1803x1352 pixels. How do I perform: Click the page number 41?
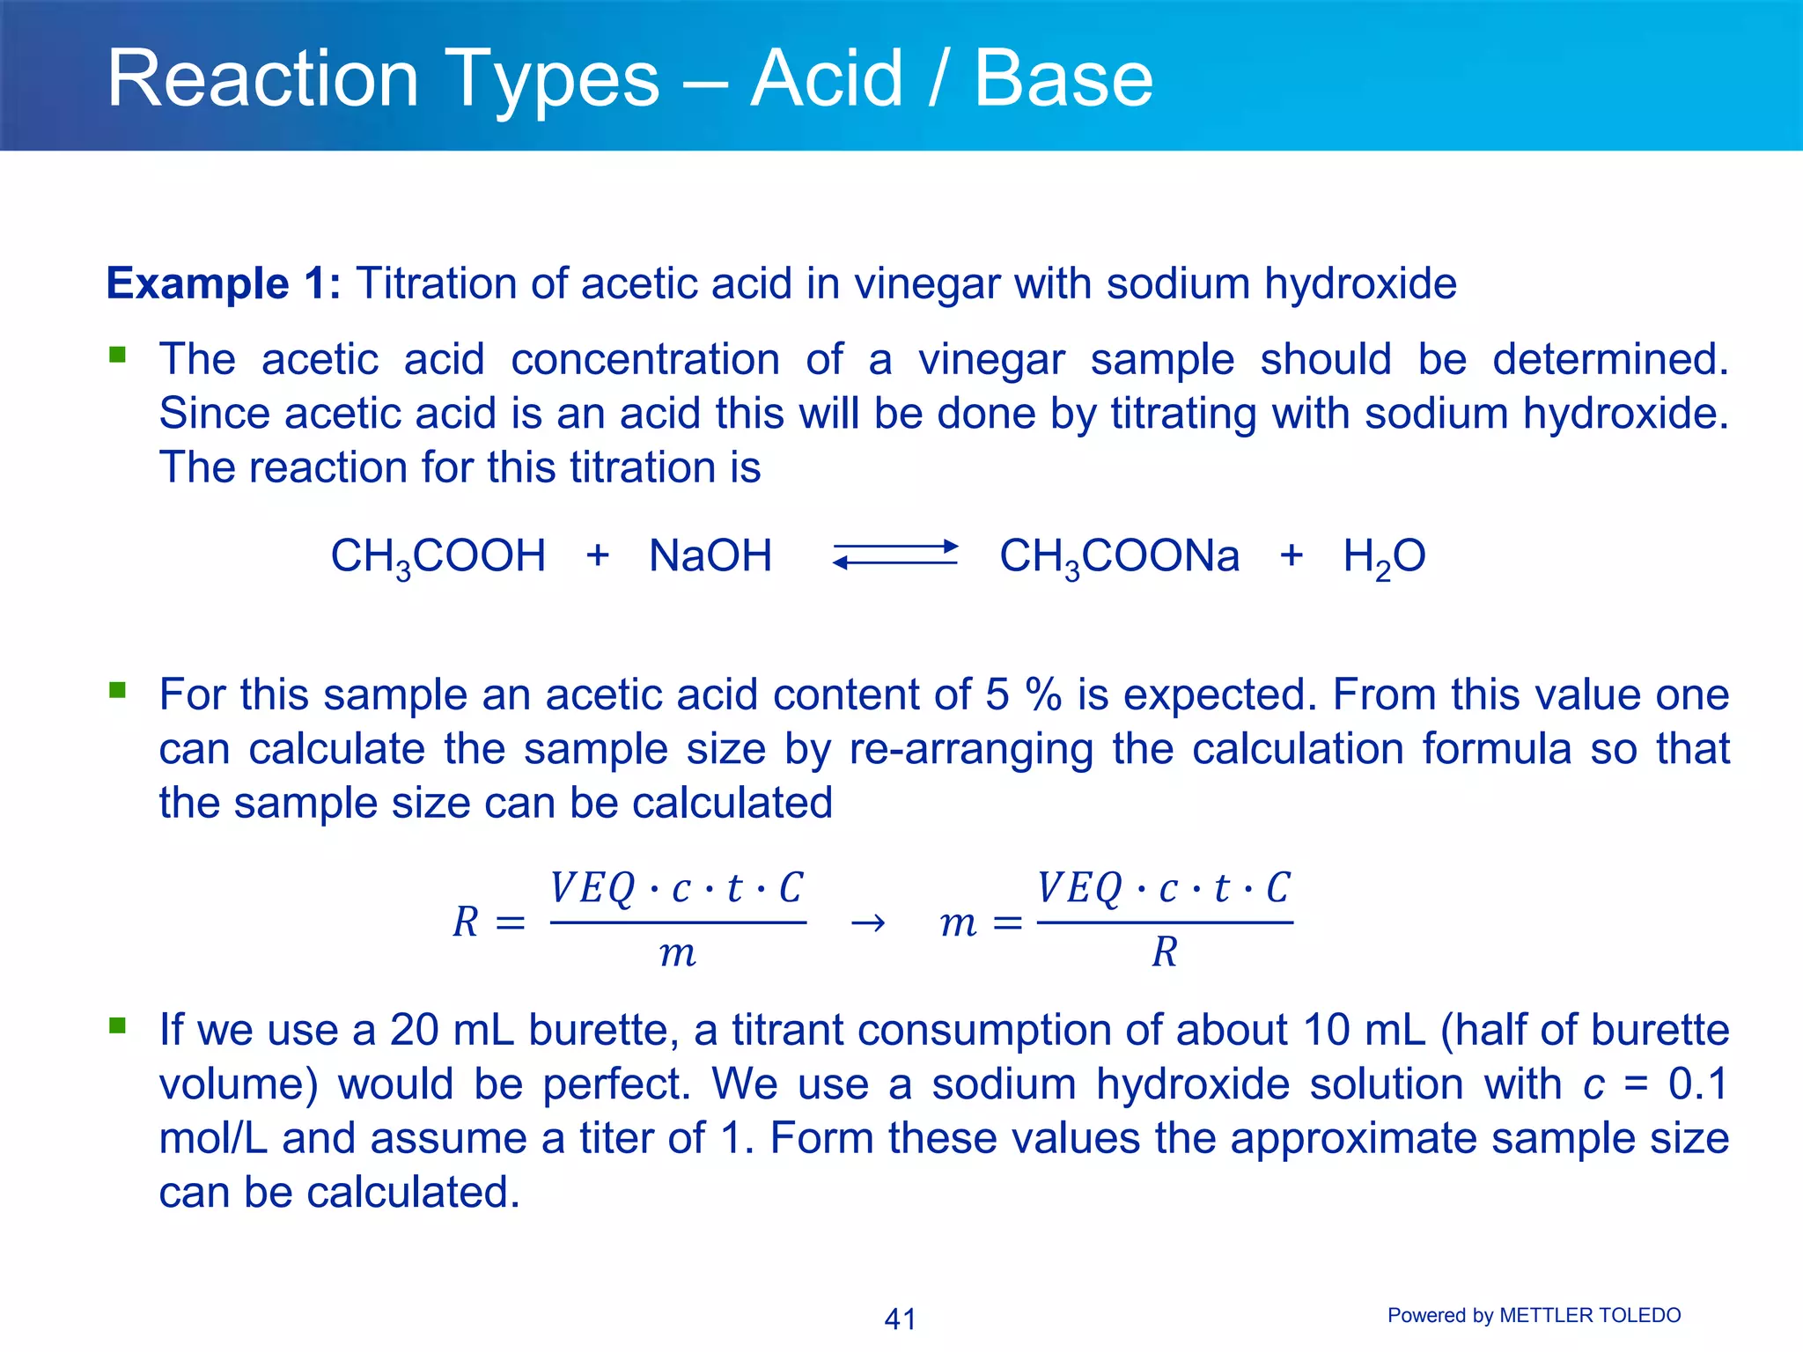point(900,1319)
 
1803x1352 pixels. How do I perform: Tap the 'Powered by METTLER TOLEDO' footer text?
point(1534,1315)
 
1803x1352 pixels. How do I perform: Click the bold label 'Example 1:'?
point(223,284)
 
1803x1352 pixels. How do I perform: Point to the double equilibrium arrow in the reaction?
point(895,555)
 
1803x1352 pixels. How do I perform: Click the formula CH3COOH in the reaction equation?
point(438,557)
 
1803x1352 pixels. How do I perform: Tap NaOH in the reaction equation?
point(710,556)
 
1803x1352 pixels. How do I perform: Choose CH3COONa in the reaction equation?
point(1119,557)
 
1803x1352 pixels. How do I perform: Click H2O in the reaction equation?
point(1384,557)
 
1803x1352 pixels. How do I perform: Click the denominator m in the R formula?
point(677,954)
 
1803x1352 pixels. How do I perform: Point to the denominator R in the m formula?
point(1164,952)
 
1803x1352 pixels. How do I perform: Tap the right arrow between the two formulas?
point(868,922)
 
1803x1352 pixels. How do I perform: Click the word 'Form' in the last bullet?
point(815,1138)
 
